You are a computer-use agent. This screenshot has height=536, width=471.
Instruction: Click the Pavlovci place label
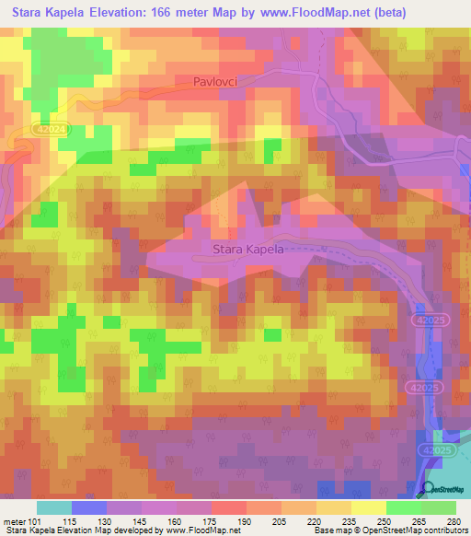(216, 81)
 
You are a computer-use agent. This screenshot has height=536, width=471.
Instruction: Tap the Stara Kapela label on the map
(247, 249)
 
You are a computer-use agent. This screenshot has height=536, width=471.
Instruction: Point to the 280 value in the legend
(454, 520)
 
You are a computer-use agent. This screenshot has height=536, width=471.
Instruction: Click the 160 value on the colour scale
(177, 520)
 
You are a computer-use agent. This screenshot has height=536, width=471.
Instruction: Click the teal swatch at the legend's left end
(54, 507)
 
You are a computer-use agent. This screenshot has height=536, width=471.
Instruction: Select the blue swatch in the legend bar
(89, 507)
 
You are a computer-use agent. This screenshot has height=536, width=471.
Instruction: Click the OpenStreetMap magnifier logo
(428, 489)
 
